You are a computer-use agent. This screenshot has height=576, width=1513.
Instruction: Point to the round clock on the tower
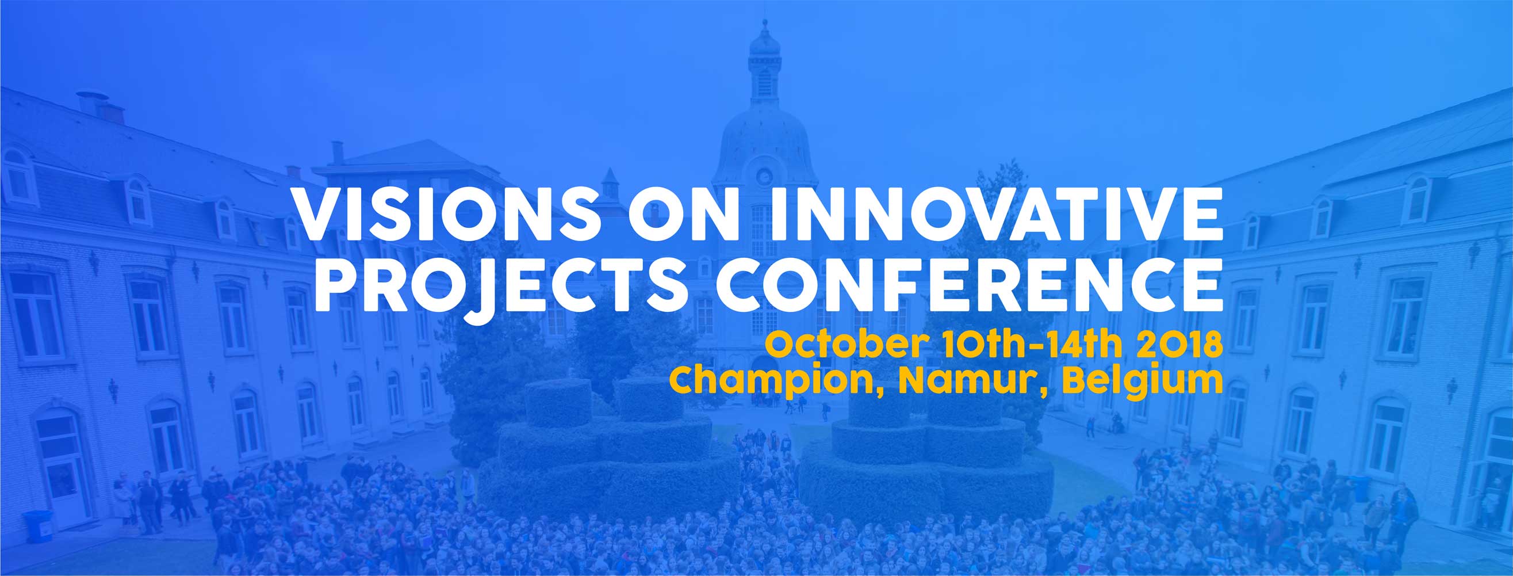764,174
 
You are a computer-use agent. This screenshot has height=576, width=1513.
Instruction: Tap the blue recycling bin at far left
36,527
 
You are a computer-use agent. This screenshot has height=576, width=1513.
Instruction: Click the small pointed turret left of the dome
610,184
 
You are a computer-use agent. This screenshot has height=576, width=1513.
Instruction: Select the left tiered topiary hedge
605,449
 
